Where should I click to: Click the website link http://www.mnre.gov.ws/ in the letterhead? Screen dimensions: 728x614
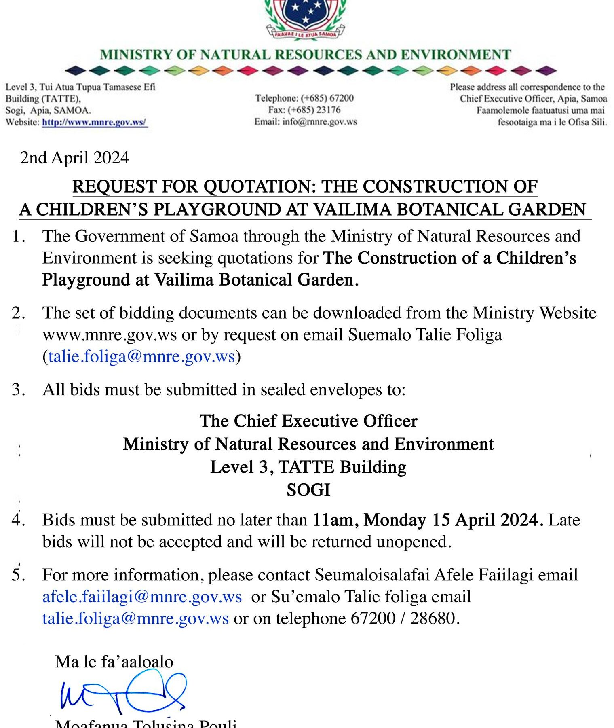pos(95,122)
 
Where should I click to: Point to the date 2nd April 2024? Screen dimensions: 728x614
pos(75,158)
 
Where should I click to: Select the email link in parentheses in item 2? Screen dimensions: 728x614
pos(141,357)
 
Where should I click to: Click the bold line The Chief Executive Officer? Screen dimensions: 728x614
pos(308,421)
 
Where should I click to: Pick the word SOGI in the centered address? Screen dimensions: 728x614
pos(308,490)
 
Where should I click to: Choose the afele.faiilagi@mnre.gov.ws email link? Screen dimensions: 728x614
pos(142,597)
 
